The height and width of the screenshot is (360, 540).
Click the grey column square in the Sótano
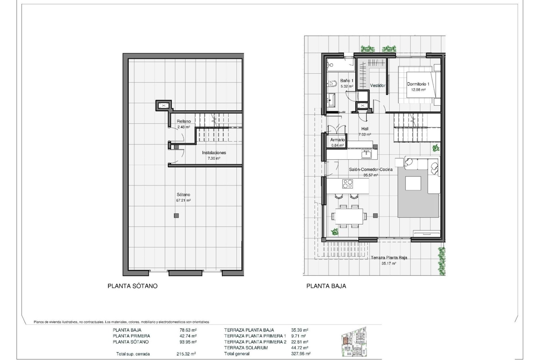click(176, 216)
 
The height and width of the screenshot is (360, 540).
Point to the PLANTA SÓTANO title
click(132, 286)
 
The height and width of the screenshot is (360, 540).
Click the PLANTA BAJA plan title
click(326, 286)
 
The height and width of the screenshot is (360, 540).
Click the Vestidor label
click(377, 85)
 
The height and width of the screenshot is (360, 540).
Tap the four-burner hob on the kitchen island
click(348, 184)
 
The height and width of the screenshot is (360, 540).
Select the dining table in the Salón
click(349, 216)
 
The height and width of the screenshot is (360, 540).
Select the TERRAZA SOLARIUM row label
click(246, 348)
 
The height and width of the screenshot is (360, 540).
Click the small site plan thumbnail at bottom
click(354, 341)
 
